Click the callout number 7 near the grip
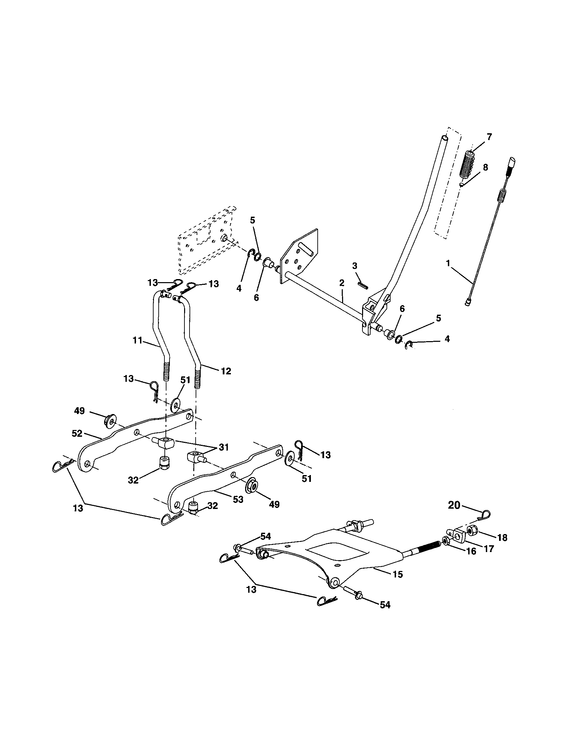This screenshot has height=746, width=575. [x=489, y=137]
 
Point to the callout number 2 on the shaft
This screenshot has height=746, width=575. [x=341, y=282]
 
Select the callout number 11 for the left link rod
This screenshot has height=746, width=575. [x=138, y=340]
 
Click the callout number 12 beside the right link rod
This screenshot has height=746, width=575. [x=226, y=371]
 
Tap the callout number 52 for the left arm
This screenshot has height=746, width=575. [x=77, y=433]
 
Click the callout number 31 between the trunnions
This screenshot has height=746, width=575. [x=224, y=447]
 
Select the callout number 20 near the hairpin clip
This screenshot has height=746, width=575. [x=454, y=505]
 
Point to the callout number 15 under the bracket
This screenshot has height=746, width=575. [x=398, y=574]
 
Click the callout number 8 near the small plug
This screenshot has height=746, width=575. [x=485, y=168]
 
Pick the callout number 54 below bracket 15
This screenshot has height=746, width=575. [x=385, y=605]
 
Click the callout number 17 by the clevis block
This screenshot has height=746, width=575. [x=489, y=549]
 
